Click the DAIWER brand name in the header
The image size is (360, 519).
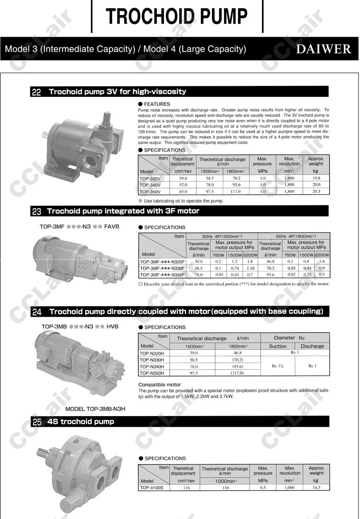pos(323,49)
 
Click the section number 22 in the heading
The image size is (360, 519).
pos(37,92)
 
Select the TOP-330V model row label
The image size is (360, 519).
pos(150,178)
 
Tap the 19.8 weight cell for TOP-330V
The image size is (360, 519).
pos(316,178)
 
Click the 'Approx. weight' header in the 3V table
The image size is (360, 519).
pos(316,161)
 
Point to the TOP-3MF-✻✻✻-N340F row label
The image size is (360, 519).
pos(162,274)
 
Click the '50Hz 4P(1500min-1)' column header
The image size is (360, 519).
pos(222,236)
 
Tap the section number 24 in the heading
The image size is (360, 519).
pos(37,312)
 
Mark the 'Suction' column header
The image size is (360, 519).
pos(278,346)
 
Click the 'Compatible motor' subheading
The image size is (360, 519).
pos(160,385)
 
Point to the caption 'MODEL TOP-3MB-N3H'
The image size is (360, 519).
pos(95,409)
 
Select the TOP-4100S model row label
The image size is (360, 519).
pos(151,487)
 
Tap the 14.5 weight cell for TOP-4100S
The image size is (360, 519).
pos(316,487)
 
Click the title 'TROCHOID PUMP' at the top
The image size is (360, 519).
pos(177,16)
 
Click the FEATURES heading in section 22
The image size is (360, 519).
pos(157,104)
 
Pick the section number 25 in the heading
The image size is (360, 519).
pos(37,422)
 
